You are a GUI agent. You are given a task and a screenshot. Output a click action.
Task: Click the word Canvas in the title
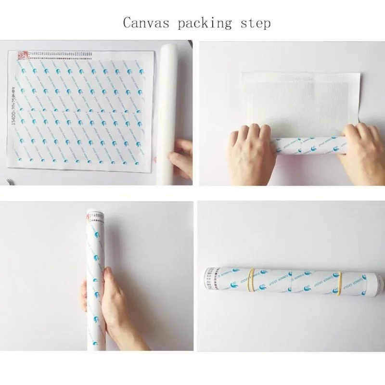pos(141,23)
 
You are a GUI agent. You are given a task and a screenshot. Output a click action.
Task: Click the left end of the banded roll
pos(207,279)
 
